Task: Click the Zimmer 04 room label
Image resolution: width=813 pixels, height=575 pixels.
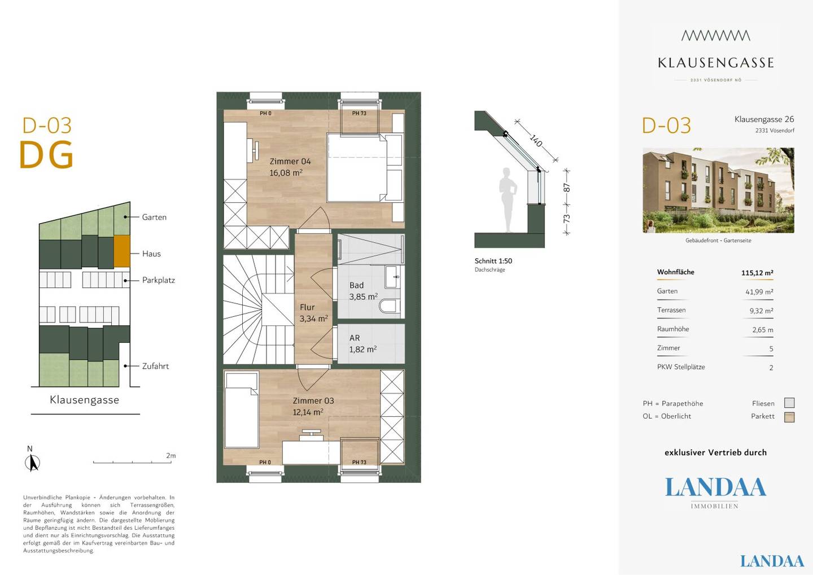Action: pos(290,162)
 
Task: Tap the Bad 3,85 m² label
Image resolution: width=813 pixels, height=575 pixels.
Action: pos(364,291)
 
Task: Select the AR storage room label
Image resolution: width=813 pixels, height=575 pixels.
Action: pos(355,338)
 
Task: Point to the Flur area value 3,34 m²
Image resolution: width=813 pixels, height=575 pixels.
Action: pos(313,319)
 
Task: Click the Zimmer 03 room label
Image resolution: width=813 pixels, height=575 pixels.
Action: pos(313,401)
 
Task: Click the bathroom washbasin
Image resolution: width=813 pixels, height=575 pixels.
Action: pos(393,277)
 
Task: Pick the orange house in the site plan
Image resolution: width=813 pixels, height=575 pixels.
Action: pos(122,251)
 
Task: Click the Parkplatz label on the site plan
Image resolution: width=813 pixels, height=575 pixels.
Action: pos(158,280)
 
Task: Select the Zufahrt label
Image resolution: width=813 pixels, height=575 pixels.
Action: pos(155,366)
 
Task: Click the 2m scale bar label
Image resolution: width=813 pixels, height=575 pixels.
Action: pos(171,456)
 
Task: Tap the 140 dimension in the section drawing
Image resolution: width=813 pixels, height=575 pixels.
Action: pos(536,141)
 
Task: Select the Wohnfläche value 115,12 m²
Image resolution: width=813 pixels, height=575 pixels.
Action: pos(757,273)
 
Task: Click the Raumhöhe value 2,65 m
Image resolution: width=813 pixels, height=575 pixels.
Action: pos(763,330)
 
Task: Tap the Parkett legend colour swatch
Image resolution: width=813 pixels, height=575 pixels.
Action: pos(789,417)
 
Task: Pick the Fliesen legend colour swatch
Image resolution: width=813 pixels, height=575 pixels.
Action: pos(789,403)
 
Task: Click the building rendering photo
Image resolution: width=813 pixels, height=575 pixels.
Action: pos(718,190)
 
